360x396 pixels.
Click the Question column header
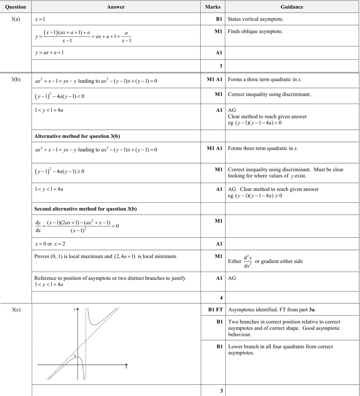click(x=15, y=7)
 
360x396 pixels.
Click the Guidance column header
click(x=292, y=7)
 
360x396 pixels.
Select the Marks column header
click(x=213, y=7)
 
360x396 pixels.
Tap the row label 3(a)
click(x=15, y=19)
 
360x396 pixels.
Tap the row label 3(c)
click(x=16, y=310)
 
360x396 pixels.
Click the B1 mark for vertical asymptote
click(x=219, y=19)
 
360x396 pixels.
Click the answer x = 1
click(x=40, y=19)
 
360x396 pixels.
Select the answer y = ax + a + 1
click(x=49, y=53)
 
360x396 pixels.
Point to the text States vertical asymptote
click(x=255, y=19)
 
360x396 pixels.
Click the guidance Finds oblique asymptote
click(x=255, y=31)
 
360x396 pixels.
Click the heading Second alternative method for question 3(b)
click(x=85, y=209)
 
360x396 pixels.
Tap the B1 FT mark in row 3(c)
click(x=215, y=310)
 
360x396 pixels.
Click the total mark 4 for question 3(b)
click(x=221, y=298)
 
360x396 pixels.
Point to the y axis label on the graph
click(x=74, y=309)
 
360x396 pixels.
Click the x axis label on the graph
click(x=126, y=367)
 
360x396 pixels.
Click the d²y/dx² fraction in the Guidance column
click(x=248, y=261)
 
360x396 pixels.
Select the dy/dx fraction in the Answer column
click(x=38, y=226)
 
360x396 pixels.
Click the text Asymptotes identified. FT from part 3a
click(x=272, y=310)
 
